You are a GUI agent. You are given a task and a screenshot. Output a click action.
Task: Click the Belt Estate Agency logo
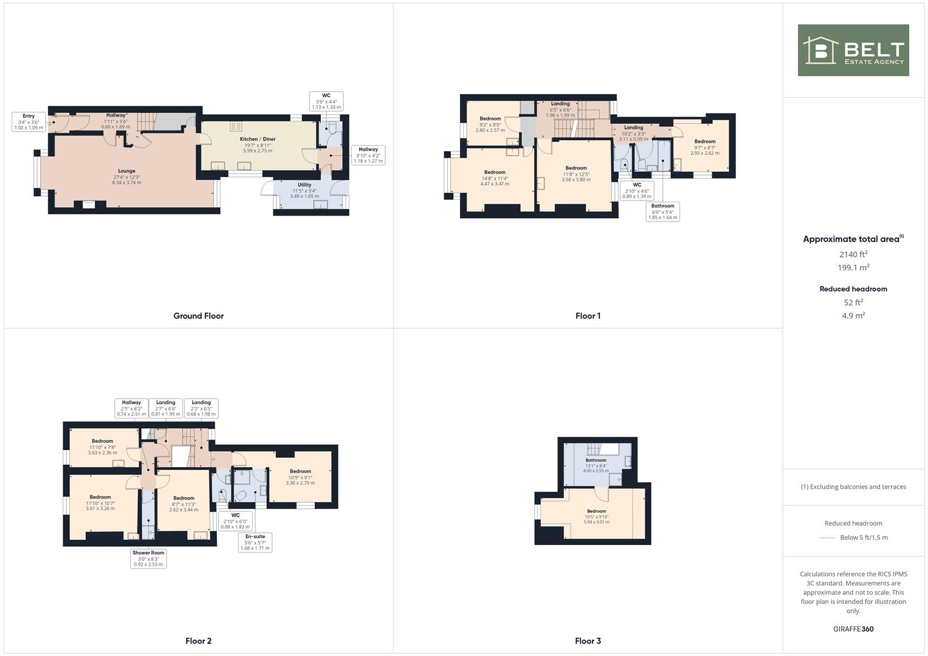853,50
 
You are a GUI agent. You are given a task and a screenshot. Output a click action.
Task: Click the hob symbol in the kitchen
236,126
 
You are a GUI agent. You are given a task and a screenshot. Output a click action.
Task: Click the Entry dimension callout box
29,121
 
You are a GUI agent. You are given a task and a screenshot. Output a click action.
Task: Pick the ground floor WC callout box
326,101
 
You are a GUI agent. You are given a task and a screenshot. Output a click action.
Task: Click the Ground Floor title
198,316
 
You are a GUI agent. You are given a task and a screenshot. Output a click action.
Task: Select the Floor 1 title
588,316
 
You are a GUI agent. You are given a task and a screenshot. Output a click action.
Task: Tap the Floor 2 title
198,641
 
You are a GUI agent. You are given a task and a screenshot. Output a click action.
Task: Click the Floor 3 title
588,641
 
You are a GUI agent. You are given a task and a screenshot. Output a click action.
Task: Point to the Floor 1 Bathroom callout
662,211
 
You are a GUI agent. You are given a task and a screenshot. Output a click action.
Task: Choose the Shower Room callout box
148,558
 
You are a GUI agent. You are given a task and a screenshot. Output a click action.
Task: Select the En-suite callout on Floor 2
255,542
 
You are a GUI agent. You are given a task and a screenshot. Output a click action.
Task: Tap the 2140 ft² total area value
853,255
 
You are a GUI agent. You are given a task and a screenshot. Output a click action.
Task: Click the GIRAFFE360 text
853,629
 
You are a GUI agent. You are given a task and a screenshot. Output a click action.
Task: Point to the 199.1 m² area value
853,268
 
